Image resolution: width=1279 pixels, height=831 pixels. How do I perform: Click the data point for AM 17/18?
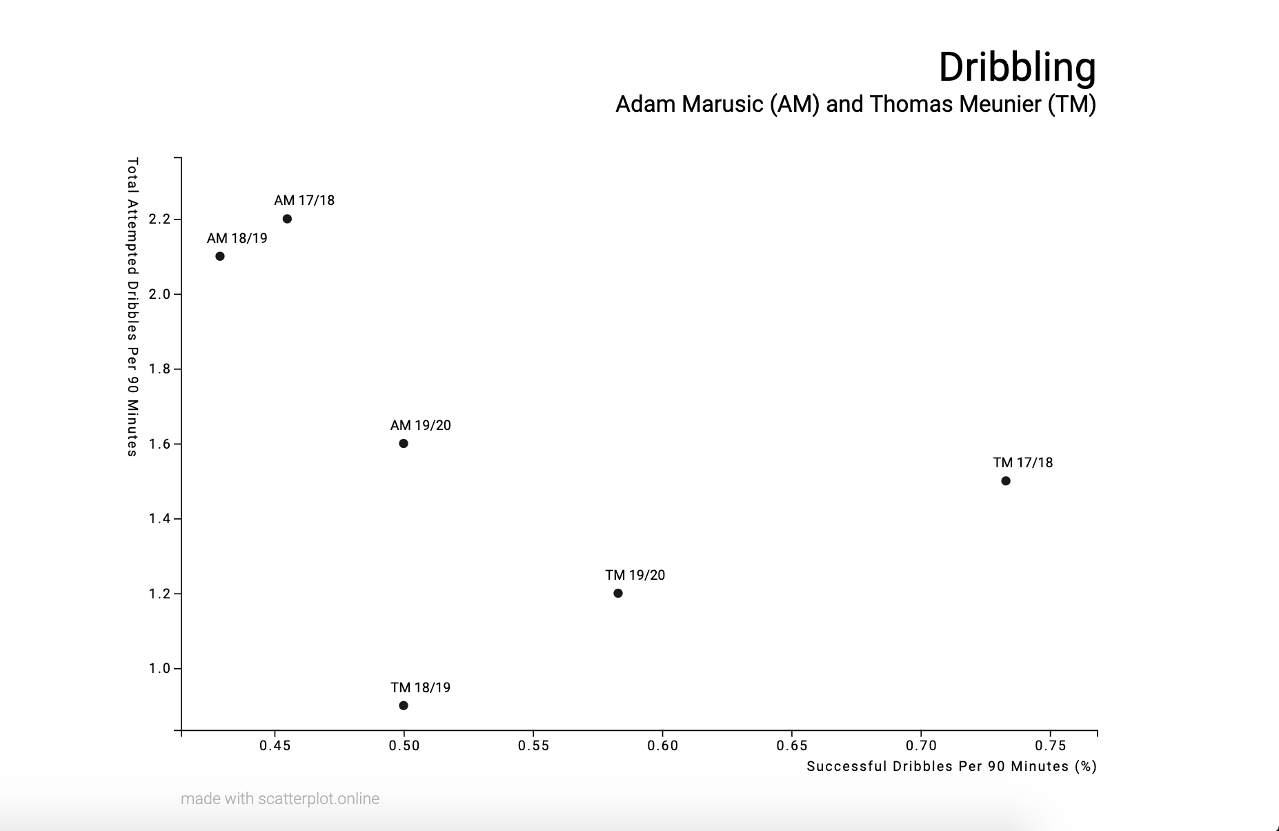click(287, 219)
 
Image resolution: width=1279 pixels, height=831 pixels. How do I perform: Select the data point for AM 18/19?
click(220, 256)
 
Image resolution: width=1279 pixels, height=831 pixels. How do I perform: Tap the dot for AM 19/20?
click(404, 444)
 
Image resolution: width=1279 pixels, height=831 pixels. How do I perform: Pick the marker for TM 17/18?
click(1006, 481)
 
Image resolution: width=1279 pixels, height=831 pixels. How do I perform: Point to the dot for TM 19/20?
click(618, 594)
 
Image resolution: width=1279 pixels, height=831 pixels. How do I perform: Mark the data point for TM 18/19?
click(404, 705)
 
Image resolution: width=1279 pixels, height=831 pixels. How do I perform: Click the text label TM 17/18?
click(1023, 463)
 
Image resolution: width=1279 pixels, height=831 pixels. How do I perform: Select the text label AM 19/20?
click(421, 425)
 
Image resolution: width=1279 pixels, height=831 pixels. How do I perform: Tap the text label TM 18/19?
click(421, 687)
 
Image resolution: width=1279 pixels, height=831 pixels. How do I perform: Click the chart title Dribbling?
click(1017, 67)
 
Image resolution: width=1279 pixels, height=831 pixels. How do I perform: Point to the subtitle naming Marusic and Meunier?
click(855, 104)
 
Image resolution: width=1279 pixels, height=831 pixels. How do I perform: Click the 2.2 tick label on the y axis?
click(159, 219)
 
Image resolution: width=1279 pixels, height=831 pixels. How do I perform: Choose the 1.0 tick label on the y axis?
click(159, 669)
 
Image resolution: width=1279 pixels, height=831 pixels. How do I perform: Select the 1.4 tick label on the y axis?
click(159, 519)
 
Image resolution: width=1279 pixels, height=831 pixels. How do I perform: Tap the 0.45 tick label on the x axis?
click(275, 745)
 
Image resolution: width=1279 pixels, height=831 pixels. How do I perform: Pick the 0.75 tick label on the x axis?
click(1050, 745)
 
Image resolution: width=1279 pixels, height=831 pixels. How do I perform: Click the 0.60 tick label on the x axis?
click(662, 745)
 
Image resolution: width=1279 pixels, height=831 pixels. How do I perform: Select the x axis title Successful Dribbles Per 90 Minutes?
click(951, 766)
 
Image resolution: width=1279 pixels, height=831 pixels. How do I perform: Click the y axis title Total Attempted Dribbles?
click(132, 307)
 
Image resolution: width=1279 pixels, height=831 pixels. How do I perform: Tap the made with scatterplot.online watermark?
click(280, 799)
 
